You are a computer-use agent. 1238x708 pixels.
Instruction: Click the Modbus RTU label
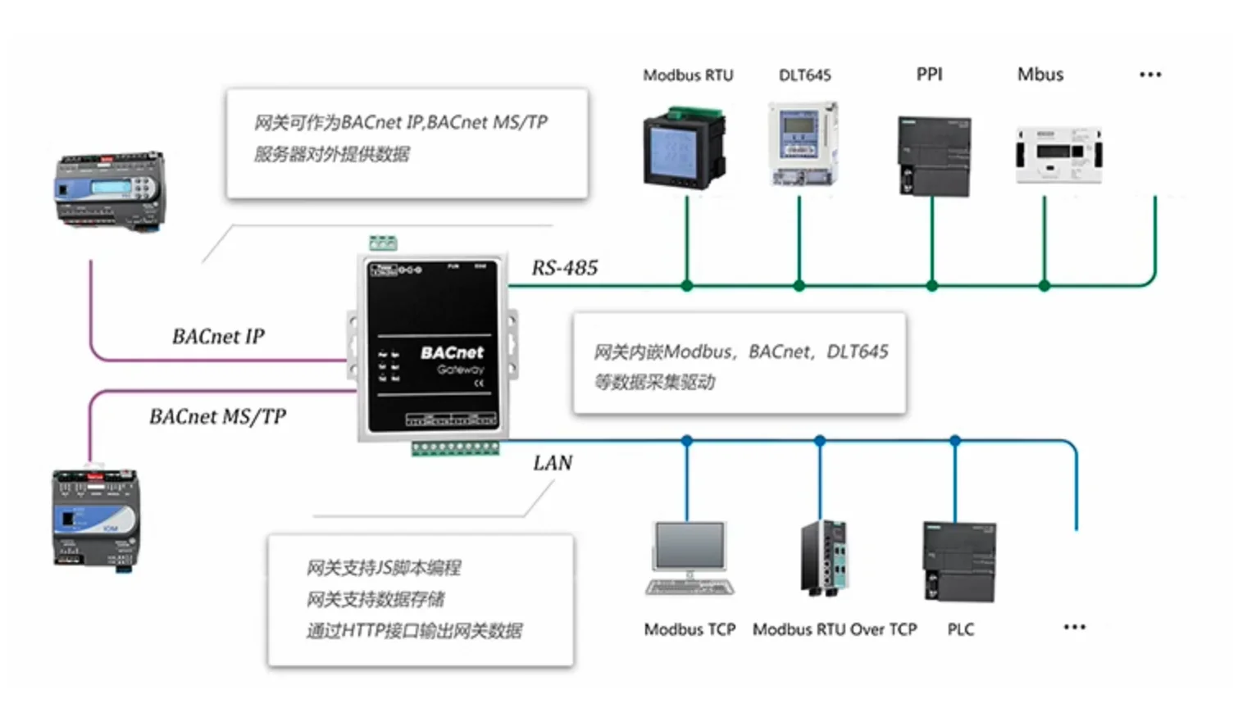pos(688,75)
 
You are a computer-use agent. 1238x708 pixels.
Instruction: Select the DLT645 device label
pos(804,75)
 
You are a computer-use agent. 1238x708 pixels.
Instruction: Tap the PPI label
pos(929,75)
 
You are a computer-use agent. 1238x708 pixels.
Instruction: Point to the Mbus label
pos(1040,75)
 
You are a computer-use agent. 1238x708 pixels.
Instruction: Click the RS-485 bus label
pos(565,268)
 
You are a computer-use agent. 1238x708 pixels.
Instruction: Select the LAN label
pos(553,463)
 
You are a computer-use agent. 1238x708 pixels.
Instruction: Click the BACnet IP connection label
pos(218,337)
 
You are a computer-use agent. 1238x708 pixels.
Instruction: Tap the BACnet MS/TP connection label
pos(217,417)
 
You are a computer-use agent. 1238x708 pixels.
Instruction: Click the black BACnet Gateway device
pos(432,348)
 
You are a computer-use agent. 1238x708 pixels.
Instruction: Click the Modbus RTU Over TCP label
pos(835,629)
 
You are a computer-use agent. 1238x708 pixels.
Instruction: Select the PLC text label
pos(961,629)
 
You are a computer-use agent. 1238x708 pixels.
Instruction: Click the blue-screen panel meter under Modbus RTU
pos(684,148)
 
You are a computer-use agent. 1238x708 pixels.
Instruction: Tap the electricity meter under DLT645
pos(803,143)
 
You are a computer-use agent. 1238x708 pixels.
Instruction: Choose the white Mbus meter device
pos(1058,154)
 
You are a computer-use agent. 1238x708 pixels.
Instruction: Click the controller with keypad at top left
pos(109,190)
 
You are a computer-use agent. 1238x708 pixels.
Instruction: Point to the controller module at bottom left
pos(95,518)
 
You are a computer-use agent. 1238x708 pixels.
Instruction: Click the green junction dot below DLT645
pos(799,286)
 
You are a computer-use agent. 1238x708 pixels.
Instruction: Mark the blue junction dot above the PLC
pos(955,441)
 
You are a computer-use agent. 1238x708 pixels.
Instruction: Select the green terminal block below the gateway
pos(455,448)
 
